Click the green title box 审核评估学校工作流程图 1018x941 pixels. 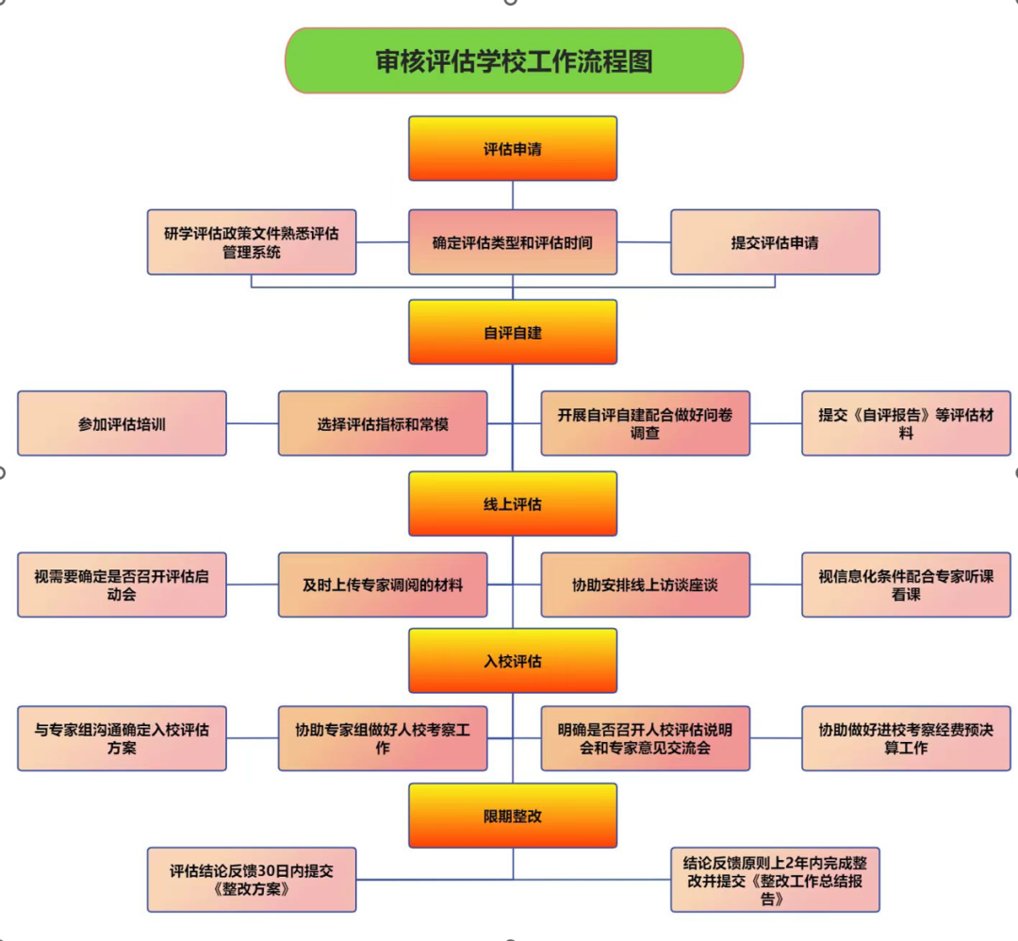tap(514, 60)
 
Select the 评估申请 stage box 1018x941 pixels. tap(513, 149)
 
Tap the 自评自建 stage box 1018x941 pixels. tap(513, 332)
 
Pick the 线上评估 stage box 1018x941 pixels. tap(513, 504)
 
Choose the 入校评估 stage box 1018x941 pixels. tap(513, 661)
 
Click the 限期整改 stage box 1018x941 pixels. tap(513, 816)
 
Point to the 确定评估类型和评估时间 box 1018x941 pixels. tap(513, 242)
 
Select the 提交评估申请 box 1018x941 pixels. tap(775, 242)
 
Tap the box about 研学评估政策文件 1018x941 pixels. tap(252, 242)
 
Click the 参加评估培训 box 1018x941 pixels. tap(122, 423)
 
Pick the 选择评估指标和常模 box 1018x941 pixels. tap(383, 423)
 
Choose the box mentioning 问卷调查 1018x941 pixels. tap(645, 423)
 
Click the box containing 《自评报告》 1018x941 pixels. tap(906, 423)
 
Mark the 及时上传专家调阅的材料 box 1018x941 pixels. tap(383, 585)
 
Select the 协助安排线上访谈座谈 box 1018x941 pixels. tap(645, 585)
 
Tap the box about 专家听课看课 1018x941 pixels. tap(906, 585)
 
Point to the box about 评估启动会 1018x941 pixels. tap(122, 585)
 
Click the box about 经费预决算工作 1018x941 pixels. tap(906, 738)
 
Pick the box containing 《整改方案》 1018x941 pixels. tap(252, 880)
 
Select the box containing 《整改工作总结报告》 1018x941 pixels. tap(775, 880)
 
